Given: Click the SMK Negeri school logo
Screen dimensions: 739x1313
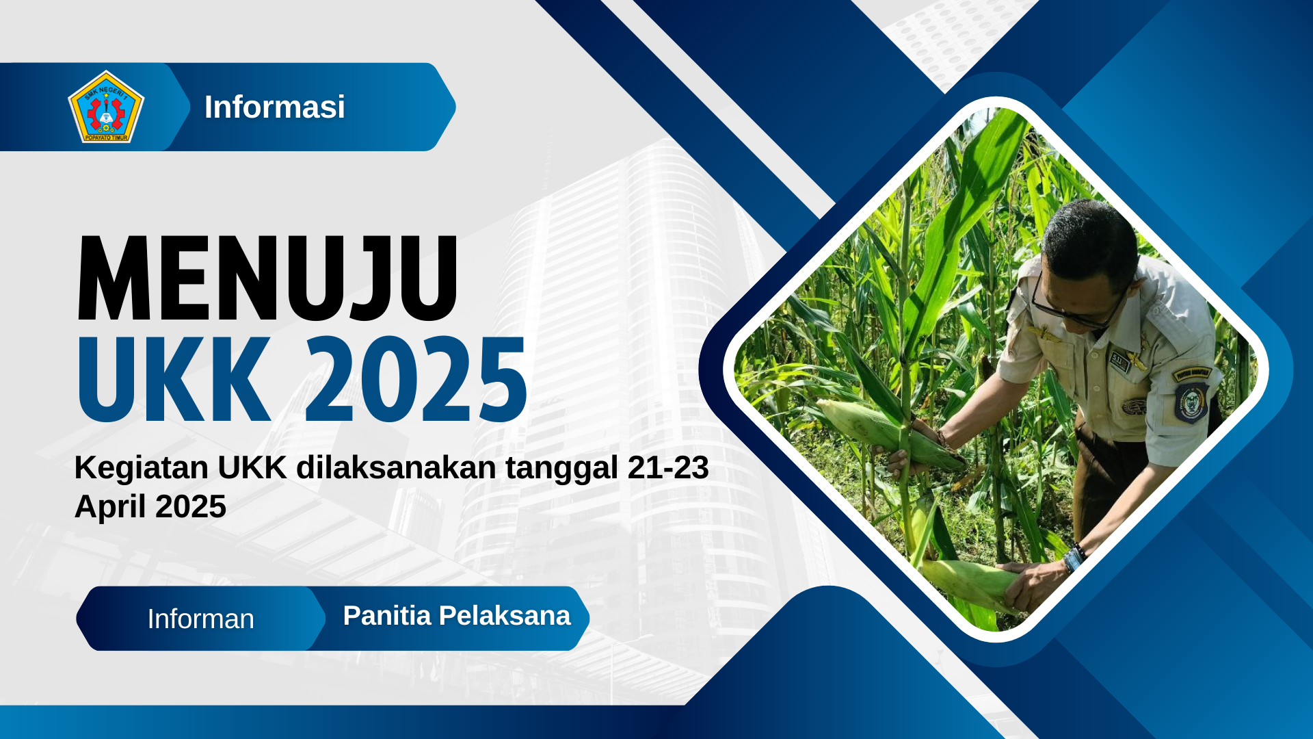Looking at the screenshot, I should click(106, 107).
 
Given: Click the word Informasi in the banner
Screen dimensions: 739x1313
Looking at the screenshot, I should click(274, 107).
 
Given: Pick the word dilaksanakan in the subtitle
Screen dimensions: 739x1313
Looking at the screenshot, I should click(396, 468).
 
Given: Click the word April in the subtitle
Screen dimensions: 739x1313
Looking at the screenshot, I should click(110, 507).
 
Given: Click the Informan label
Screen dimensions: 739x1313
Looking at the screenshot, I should click(200, 619).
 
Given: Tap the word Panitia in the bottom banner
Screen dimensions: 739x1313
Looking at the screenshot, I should click(386, 616).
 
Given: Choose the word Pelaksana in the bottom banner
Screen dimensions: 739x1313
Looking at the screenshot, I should click(504, 616).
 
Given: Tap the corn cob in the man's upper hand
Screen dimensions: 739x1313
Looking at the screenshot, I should click(882, 431).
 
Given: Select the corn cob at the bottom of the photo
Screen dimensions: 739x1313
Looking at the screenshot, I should click(971, 582).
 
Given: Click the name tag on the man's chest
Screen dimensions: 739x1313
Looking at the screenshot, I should click(1118, 361).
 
